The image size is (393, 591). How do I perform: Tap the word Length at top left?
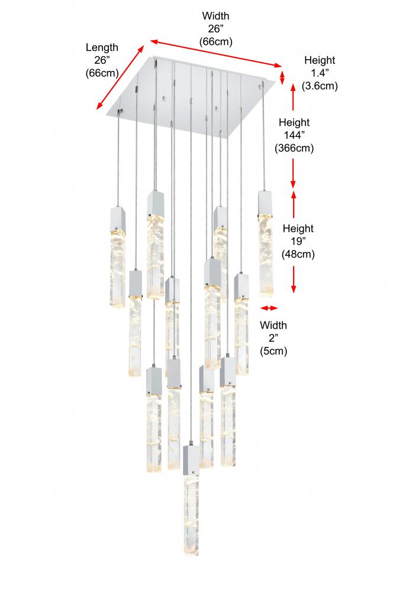pyautogui.click(x=102, y=47)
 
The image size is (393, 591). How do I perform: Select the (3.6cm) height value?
pyautogui.click(x=320, y=86)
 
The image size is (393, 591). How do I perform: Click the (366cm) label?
pyautogui.click(x=294, y=149)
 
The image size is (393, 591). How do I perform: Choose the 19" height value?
pyautogui.click(x=298, y=242)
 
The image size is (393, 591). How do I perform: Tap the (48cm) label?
pyautogui.click(x=298, y=255)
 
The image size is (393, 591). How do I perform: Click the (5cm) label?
pyautogui.click(x=274, y=352)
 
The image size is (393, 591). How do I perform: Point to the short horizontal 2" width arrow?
pyautogui.click(x=269, y=308)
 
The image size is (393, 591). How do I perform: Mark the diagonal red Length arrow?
pyautogui.click(x=121, y=77)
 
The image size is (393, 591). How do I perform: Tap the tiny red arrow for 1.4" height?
pyautogui.click(x=282, y=77)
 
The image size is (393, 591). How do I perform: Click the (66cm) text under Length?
pyautogui.click(x=102, y=73)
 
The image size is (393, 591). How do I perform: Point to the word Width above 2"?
pyautogui.click(x=274, y=326)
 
